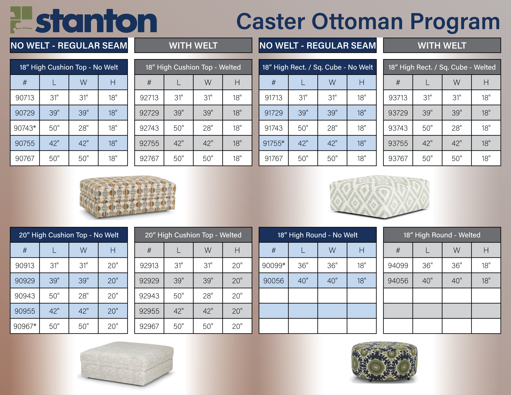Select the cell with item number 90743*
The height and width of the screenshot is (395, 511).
[x=25, y=128]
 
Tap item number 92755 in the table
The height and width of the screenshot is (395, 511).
[x=149, y=143]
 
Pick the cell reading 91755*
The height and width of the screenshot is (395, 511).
[x=274, y=143]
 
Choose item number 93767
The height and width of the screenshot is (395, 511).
[x=398, y=159]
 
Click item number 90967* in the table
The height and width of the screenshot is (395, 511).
[x=25, y=326]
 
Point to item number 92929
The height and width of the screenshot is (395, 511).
[x=149, y=281]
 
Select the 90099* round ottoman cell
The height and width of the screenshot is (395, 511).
[x=274, y=266]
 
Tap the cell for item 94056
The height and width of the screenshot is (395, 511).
[x=398, y=281]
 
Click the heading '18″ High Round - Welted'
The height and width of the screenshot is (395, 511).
[x=442, y=235]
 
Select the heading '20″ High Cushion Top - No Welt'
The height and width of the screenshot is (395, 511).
[x=69, y=235]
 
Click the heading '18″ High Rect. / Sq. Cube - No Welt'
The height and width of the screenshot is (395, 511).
[x=318, y=67]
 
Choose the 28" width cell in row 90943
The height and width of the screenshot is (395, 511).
[x=84, y=296]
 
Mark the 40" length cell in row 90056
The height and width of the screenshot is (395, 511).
[x=303, y=281]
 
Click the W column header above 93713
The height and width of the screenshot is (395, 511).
[x=457, y=82]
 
